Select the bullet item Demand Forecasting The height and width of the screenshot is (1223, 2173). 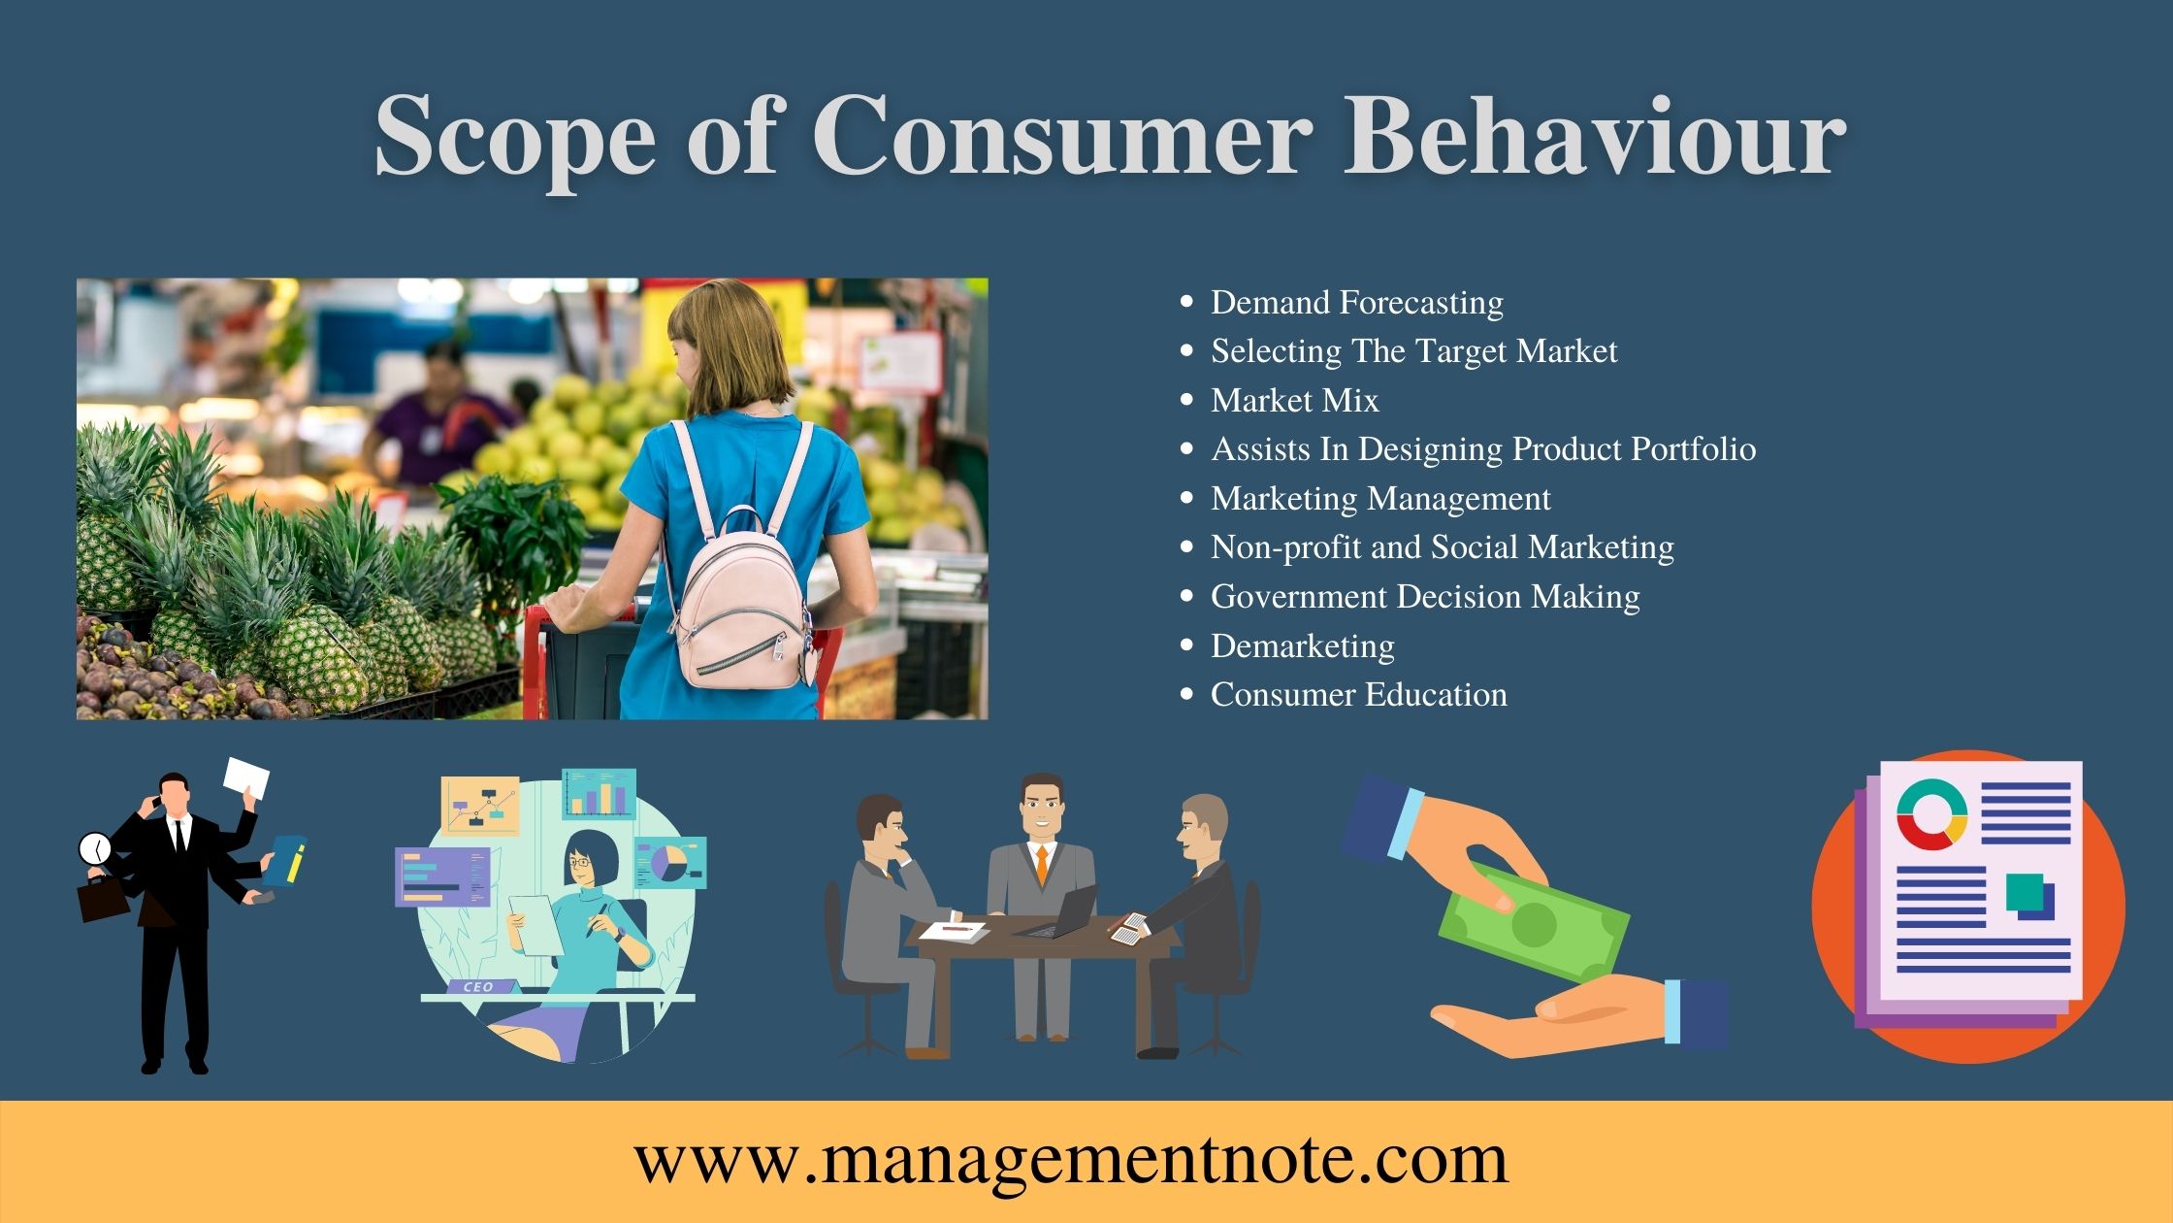(1356, 303)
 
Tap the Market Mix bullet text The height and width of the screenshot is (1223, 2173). (1294, 400)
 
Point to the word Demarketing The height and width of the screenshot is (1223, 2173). (1302, 645)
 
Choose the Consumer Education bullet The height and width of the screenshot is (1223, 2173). (1358, 695)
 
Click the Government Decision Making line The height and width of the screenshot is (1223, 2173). (1424, 596)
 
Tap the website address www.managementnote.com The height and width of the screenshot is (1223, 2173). (1071, 1159)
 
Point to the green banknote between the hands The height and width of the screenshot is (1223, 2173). (1533, 922)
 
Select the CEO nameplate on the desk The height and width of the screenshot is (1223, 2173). (479, 986)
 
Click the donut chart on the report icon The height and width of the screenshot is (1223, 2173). (1931, 814)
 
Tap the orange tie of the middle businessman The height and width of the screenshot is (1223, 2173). (1042, 864)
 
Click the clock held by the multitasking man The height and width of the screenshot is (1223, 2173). (94, 849)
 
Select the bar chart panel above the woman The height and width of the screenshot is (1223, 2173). (599, 794)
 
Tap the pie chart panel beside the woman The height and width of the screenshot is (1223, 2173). (669, 862)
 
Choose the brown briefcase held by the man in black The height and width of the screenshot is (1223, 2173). (102, 900)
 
